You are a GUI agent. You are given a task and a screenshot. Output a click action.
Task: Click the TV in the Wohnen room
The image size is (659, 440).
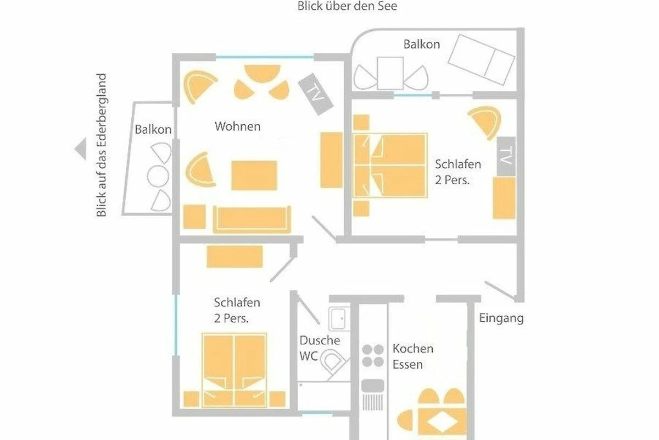pos(315,94)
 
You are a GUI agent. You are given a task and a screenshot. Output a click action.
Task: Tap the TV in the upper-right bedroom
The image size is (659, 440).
pos(506,156)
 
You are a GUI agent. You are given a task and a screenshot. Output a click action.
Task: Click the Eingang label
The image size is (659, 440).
pos(501,318)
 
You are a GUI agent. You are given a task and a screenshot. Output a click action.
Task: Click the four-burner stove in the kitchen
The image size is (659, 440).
pos(373,355)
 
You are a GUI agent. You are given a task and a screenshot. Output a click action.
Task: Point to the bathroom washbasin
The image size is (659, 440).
pos(339,318)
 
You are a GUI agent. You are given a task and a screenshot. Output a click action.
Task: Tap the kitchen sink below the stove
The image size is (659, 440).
pos(372,395)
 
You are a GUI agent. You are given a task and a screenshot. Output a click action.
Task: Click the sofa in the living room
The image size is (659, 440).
pos(252,219)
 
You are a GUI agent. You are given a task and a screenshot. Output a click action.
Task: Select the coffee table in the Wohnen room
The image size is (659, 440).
pos(254,175)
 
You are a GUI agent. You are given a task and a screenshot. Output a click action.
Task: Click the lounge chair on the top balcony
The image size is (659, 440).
pos(481,60)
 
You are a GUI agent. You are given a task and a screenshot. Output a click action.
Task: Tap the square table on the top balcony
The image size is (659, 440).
pos(390,73)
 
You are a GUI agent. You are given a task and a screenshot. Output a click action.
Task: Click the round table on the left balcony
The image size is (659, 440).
pos(158,176)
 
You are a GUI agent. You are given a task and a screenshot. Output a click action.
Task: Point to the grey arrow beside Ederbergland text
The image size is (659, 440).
pos(81,148)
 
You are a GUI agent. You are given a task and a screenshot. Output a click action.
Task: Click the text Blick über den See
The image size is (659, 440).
pos(347,6)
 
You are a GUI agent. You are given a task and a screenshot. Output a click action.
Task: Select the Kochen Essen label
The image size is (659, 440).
pos(413,356)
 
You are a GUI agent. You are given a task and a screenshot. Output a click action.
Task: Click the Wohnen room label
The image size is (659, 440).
pos(238,127)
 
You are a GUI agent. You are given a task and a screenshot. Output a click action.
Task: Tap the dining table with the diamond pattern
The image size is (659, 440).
pos(442,422)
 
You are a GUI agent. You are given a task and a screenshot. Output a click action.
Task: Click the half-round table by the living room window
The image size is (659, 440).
pos(263,73)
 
